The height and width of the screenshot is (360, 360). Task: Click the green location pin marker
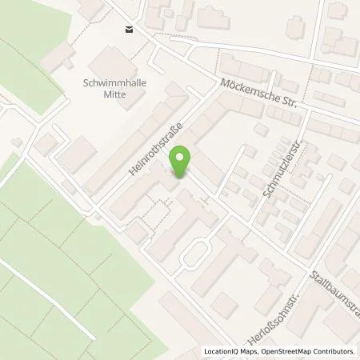pyautogui.click(x=182, y=162)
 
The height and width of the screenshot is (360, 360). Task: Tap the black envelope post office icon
pyautogui.click(x=128, y=30)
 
